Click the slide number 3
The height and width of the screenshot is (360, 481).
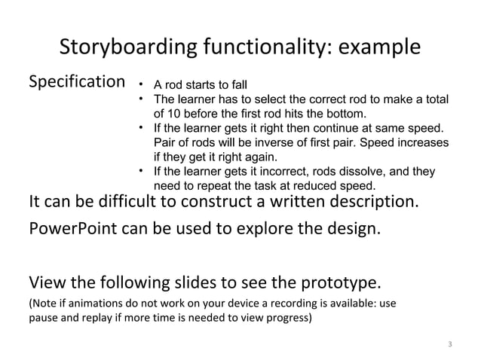tap(449, 345)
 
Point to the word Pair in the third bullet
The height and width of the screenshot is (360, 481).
tap(164, 142)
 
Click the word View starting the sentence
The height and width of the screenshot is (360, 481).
tap(46, 283)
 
